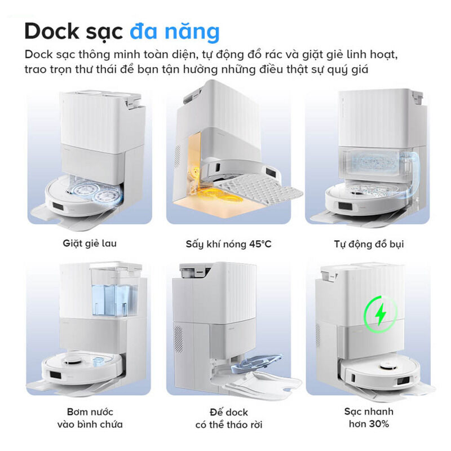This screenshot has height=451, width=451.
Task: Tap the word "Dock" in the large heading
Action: (52, 32)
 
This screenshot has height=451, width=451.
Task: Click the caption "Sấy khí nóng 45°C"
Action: (228, 244)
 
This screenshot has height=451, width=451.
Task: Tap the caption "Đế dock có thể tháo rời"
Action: (229, 418)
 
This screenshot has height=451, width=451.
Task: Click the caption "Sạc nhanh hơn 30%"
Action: (369, 417)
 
